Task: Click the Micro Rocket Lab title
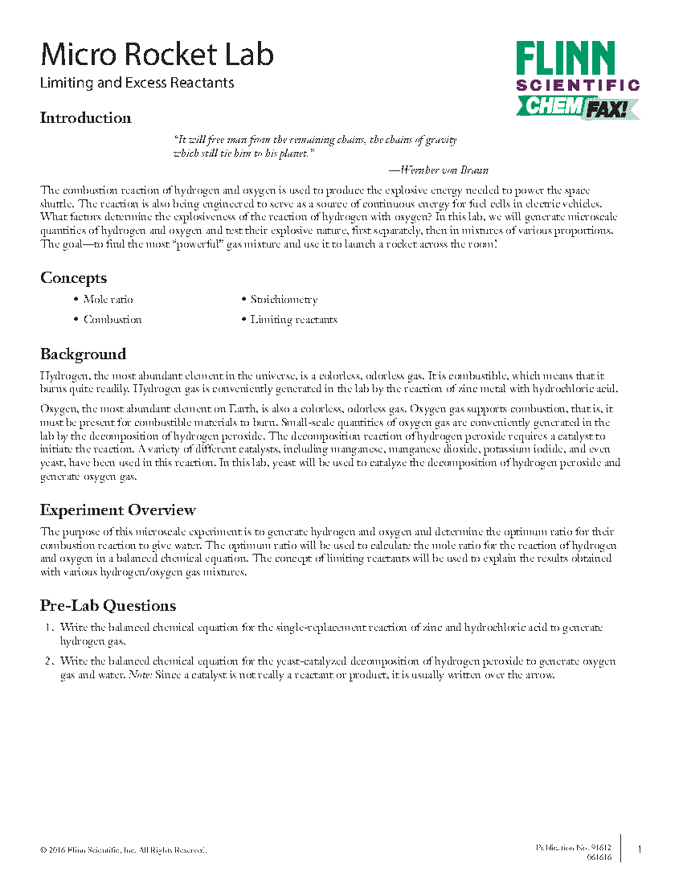[157, 55]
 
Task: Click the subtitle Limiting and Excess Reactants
[137, 83]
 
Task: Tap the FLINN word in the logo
[565, 59]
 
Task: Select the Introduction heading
[85, 118]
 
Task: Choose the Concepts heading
[73, 278]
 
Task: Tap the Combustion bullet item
[112, 320]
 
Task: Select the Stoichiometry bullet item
[284, 300]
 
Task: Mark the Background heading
[83, 354]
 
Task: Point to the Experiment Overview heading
[117, 510]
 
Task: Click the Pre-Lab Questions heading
[108, 605]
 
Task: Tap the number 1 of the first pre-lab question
[48, 628]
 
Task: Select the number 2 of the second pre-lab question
[48, 661]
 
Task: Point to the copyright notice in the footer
[123, 849]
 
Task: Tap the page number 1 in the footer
[639, 849]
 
